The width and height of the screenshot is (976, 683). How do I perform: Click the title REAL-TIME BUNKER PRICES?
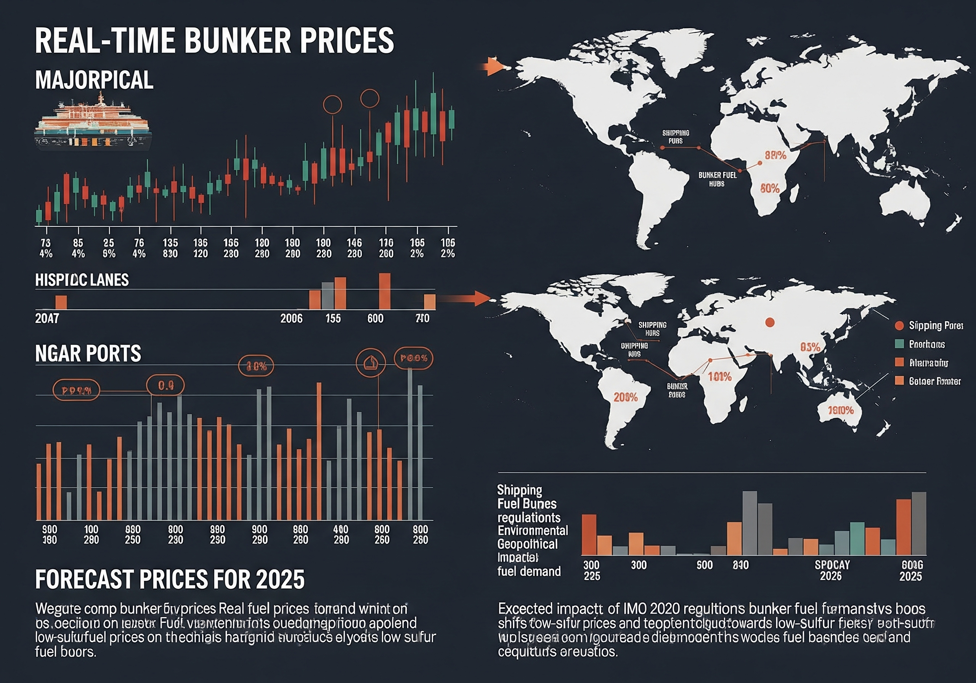[214, 40]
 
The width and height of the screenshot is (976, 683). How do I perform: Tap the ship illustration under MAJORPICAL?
[93, 123]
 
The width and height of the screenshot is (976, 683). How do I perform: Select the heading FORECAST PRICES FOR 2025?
[170, 579]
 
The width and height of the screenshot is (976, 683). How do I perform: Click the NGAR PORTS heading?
[88, 354]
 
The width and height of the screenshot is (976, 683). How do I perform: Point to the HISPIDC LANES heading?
[82, 280]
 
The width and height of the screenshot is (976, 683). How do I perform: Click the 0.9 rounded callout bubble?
[166, 385]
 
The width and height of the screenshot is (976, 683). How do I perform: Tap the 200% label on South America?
[625, 398]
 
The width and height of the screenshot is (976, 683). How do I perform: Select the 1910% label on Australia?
[841, 410]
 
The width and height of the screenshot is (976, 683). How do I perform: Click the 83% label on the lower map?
[810, 347]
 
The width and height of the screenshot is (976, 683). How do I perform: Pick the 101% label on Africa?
[720, 377]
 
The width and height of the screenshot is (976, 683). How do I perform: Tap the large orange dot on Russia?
[769, 322]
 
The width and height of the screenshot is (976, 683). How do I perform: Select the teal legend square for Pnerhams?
[899, 344]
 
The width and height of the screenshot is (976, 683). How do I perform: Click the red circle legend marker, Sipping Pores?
[899, 325]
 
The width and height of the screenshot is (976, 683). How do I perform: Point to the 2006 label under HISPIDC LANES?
[291, 318]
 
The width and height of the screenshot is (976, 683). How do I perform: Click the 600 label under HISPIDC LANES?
[375, 318]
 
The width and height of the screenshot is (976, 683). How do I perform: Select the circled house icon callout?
[370, 363]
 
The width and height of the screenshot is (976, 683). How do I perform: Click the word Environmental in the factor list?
[533, 531]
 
